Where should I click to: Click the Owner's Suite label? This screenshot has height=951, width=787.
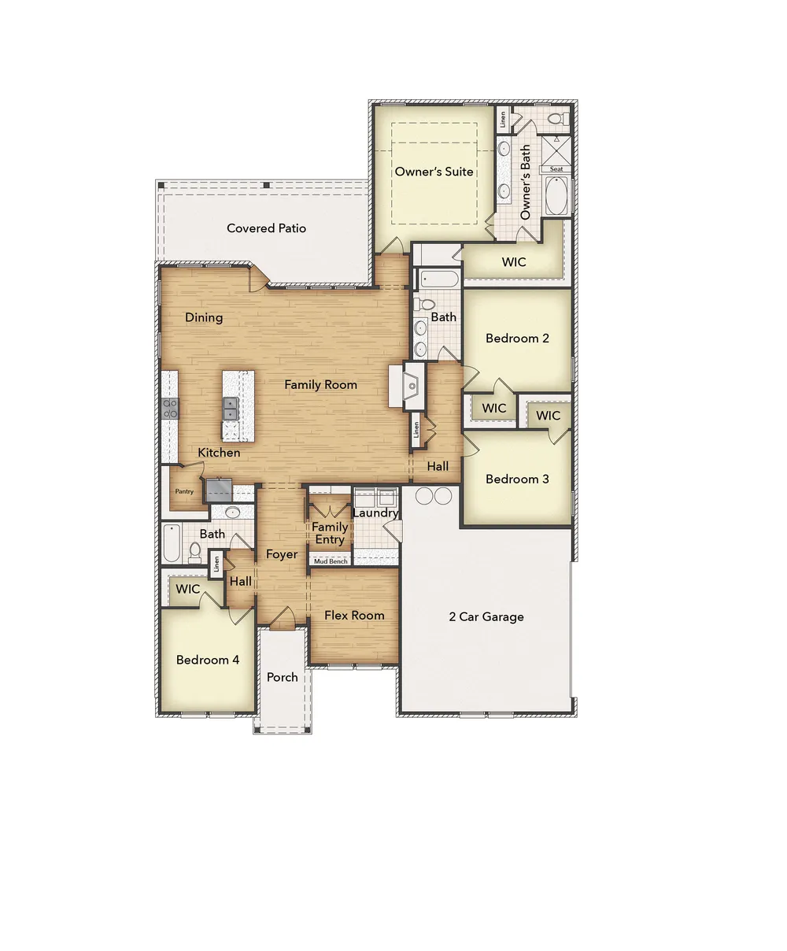[x=434, y=172]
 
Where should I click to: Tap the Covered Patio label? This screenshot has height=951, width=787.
[x=266, y=228]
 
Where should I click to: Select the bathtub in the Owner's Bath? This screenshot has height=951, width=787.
[x=556, y=196]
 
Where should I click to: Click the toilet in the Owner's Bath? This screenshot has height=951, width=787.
[x=556, y=120]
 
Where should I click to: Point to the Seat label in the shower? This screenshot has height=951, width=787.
[x=556, y=169]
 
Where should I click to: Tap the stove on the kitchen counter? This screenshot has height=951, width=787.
[x=170, y=408]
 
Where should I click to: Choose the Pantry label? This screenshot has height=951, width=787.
[x=184, y=492]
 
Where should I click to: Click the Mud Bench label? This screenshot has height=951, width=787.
[x=331, y=561]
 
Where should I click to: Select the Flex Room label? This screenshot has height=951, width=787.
[x=354, y=616]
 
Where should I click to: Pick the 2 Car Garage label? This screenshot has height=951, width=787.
[x=486, y=617]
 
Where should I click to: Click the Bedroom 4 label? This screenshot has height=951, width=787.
[x=208, y=660]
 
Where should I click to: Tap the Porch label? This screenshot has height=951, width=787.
[x=283, y=677]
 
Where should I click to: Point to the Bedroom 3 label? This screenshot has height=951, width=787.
[x=517, y=479]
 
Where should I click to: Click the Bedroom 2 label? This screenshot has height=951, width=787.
[x=517, y=339]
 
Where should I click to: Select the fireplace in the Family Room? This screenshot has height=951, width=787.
[x=411, y=385]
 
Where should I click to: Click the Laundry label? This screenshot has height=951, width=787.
[x=375, y=513]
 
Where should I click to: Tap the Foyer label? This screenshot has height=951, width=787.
[x=282, y=554]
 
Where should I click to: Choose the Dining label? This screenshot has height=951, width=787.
[x=204, y=318]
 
